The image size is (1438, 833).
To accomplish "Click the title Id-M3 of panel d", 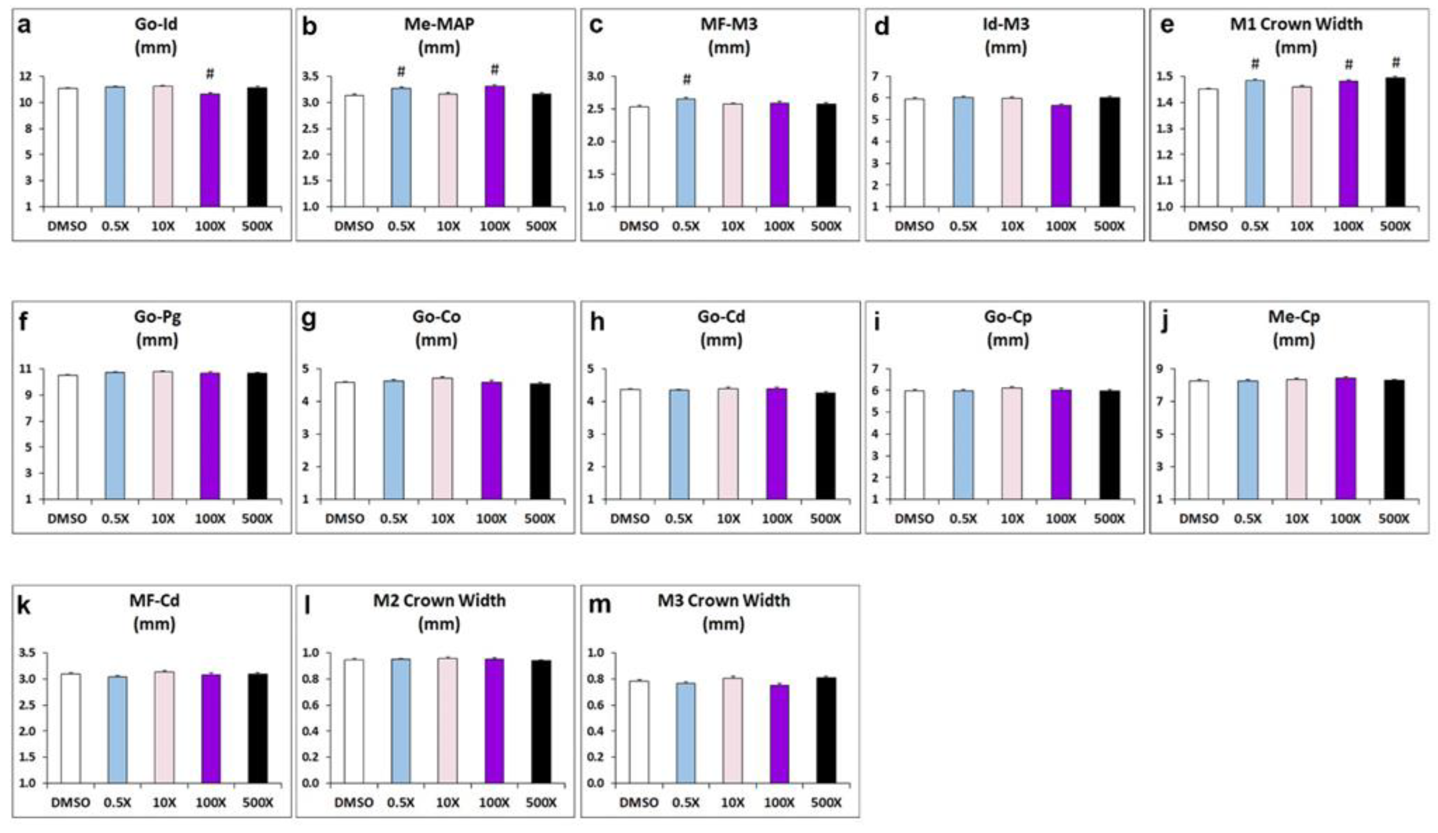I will point(1006,24).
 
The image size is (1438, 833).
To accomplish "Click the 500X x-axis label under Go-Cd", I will point(825,519).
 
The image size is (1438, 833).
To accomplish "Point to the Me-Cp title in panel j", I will point(1294,316).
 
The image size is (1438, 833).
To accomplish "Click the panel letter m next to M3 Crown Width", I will point(599,605).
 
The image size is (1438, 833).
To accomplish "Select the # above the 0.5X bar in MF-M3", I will point(687,80).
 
